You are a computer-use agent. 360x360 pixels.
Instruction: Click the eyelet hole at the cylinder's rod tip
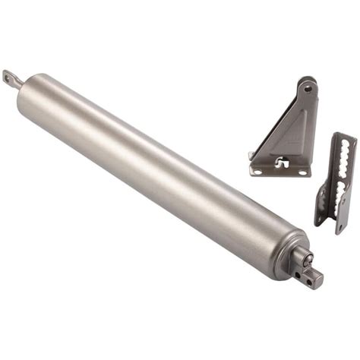[10, 77]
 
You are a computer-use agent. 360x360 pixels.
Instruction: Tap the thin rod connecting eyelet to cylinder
[23, 83]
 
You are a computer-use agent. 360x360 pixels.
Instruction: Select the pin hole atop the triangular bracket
[307, 88]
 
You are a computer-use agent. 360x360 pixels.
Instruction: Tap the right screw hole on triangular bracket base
[301, 172]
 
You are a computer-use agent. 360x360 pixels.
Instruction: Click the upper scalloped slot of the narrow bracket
[343, 156]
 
